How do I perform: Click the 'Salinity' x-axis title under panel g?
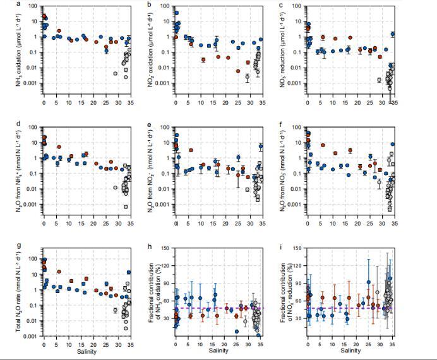tap(87, 351)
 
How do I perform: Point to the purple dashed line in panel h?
tap(240, 309)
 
